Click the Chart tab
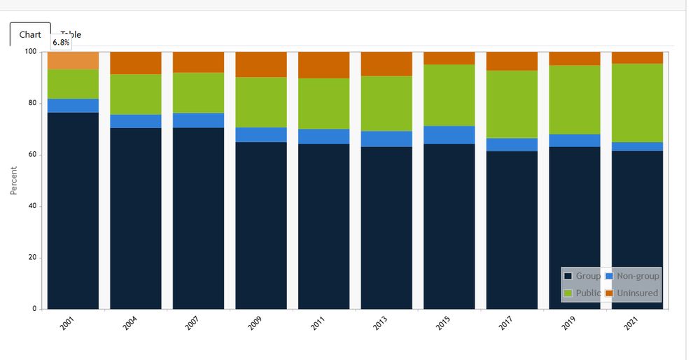(x=30, y=34)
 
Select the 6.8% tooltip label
(x=62, y=42)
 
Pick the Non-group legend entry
(x=633, y=276)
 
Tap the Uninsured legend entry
(x=633, y=293)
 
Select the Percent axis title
(x=14, y=180)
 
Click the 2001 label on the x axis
(x=66, y=322)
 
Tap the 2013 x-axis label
(x=380, y=322)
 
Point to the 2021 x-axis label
(x=631, y=322)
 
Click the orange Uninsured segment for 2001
(x=73, y=60)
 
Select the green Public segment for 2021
(x=637, y=103)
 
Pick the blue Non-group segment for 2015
(x=449, y=135)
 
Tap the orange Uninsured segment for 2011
(x=323, y=64)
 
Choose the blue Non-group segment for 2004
(x=136, y=121)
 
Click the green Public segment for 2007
(x=198, y=92)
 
